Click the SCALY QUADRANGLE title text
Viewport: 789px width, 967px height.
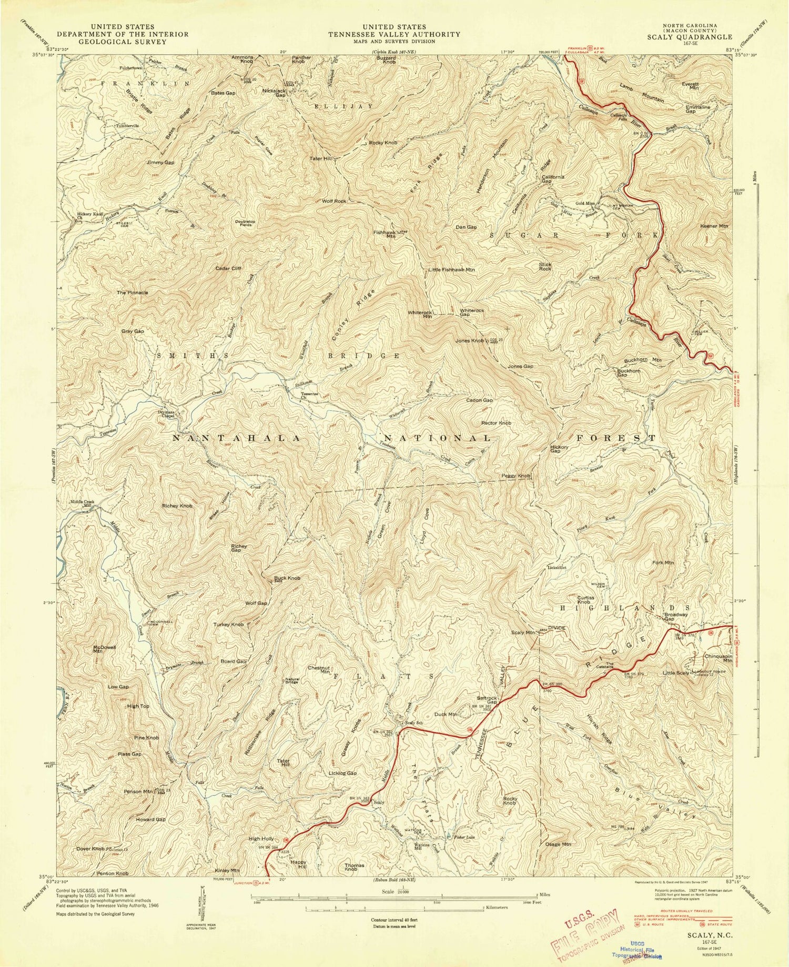pyautogui.click(x=689, y=37)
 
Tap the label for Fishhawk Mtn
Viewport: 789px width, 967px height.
pyautogui.click(x=391, y=234)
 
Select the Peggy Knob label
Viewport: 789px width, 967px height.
pyautogui.click(x=517, y=476)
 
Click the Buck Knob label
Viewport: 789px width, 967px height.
pyautogui.click(x=287, y=578)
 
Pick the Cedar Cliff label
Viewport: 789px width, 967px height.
pyautogui.click(x=228, y=268)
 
